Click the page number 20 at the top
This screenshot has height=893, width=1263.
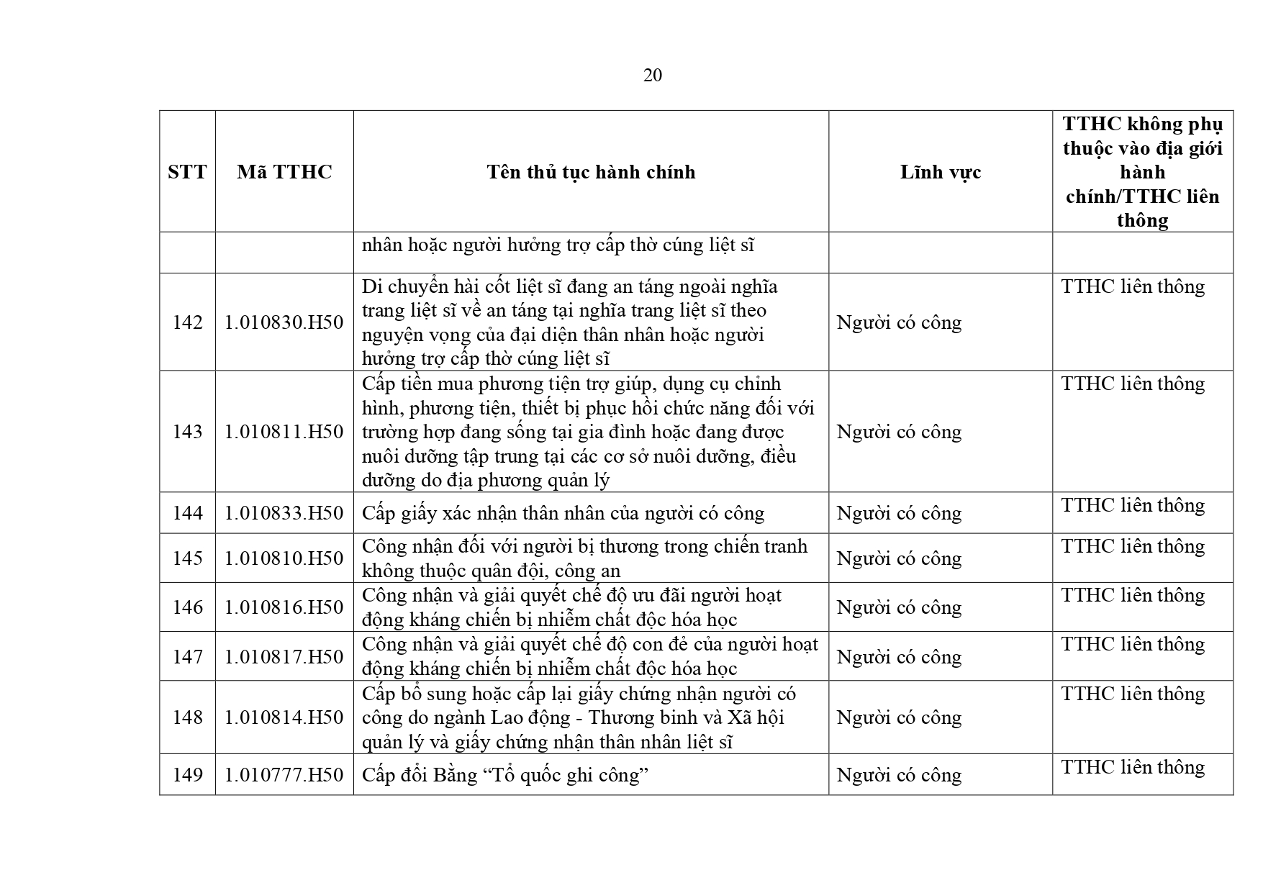pos(652,76)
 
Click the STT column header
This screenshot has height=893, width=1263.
pos(187,172)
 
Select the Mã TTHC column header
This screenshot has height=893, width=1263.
pos(284,172)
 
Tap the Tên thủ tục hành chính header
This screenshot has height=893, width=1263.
pos(591,172)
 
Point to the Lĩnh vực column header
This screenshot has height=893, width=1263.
pos(940,172)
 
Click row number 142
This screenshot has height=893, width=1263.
pos(187,322)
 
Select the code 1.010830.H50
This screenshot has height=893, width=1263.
pos(284,322)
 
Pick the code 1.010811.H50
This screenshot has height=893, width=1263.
pos(284,432)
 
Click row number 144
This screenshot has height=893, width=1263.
pos(187,513)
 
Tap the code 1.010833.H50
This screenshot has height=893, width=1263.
pos(284,513)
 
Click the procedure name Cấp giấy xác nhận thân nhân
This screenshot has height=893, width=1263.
pos(563,513)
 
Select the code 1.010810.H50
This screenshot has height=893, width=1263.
pos(284,558)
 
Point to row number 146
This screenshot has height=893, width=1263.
pos(187,607)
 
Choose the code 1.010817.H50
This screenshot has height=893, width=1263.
pos(284,657)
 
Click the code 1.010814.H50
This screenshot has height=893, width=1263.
pos(284,717)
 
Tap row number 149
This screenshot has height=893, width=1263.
pos(187,775)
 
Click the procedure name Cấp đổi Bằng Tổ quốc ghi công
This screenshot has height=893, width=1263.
pos(505,775)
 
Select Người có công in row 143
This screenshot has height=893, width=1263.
pos(899,432)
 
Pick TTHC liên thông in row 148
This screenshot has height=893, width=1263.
pos(1133,694)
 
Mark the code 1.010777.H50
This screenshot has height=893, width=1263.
pos(284,775)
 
